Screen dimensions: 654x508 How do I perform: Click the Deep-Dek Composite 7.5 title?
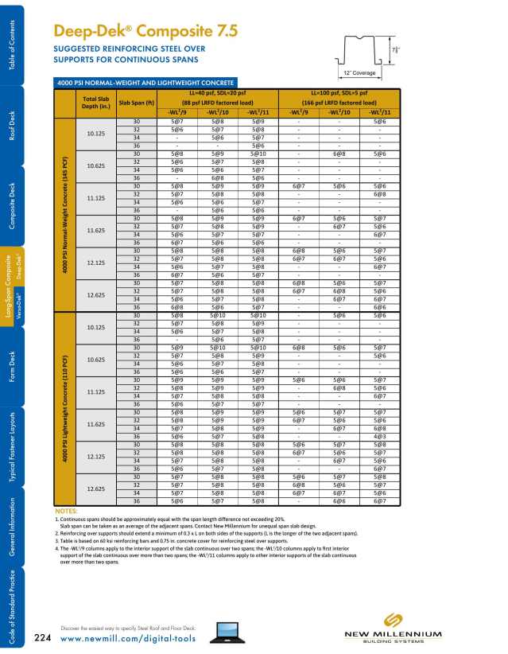[x=145, y=32]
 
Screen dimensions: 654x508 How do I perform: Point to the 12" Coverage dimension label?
[x=360, y=74]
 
